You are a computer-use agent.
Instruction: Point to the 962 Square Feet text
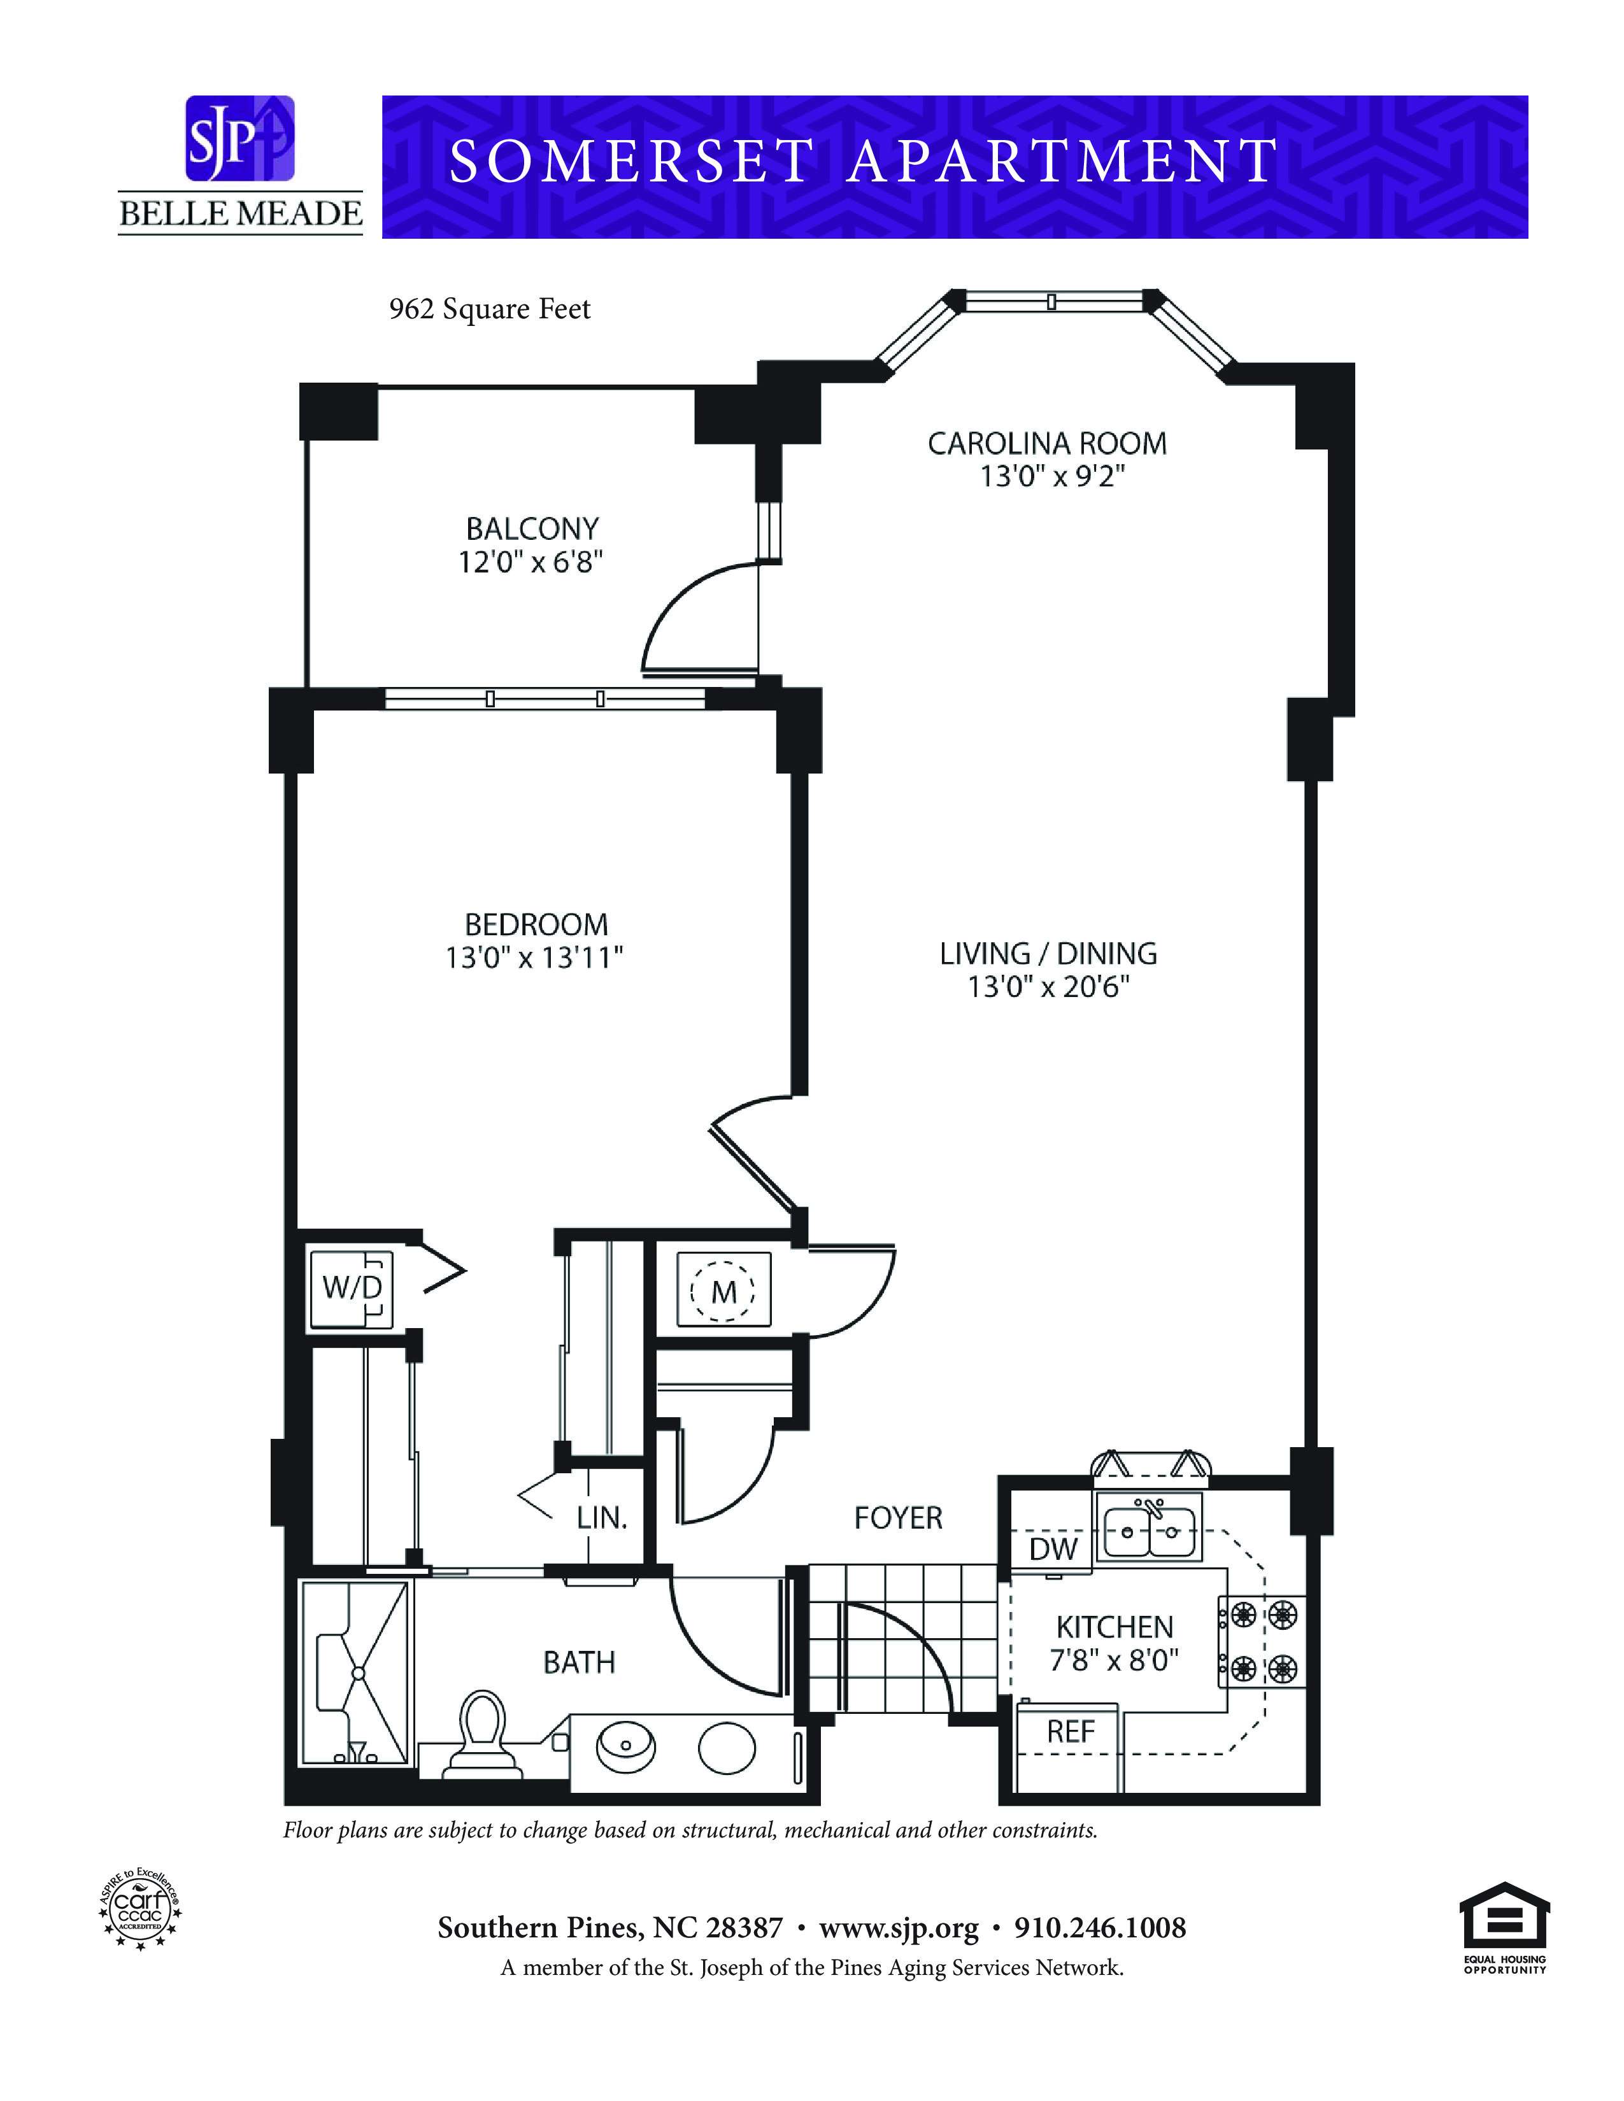coord(490,309)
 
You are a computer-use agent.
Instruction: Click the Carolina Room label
coord(1047,444)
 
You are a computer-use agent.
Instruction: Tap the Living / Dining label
coord(1048,953)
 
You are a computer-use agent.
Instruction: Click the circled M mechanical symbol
coord(723,1291)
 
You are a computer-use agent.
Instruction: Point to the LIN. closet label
coord(602,1518)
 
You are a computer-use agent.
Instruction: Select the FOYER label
coord(897,1517)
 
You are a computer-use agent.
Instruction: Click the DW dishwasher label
coord(1053,1549)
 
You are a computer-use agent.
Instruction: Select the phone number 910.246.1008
coord(1100,1927)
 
